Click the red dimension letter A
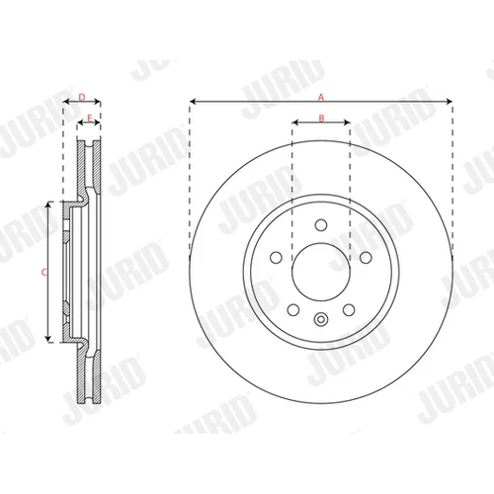(x=321, y=97)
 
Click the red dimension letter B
(x=321, y=118)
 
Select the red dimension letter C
(x=44, y=273)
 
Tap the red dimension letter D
(x=82, y=97)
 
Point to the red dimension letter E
(x=89, y=118)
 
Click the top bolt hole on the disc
(x=321, y=225)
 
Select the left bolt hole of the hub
(x=276, y=257)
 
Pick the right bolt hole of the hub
(x=366, y=257)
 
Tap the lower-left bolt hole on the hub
(x=293, y=310)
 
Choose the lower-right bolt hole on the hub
(x=349, y=310)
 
